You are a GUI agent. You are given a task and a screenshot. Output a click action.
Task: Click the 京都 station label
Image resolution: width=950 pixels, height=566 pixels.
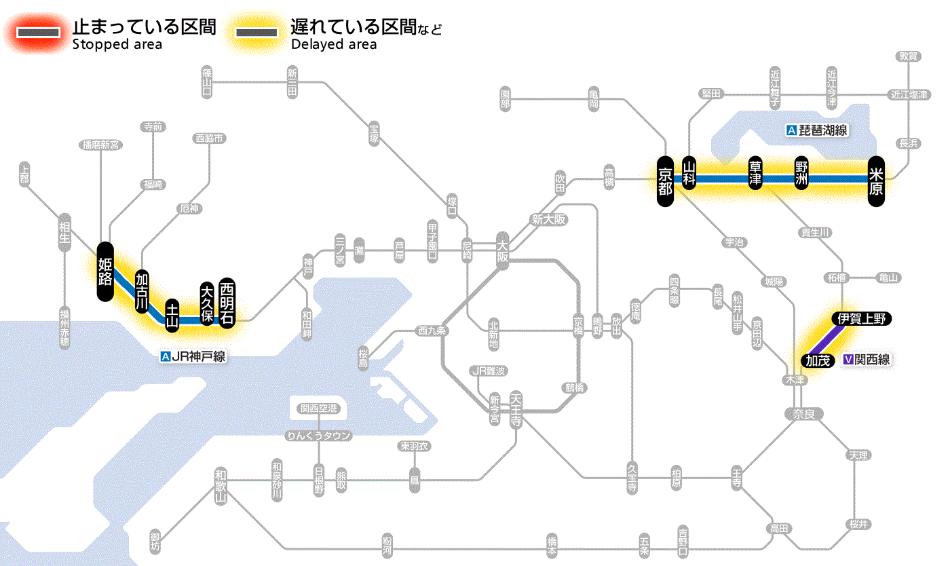pyautogui.click(x=665, y=179)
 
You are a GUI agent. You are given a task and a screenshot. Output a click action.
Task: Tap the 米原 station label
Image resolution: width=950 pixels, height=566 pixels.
pyautogui.click(x=876, y=179)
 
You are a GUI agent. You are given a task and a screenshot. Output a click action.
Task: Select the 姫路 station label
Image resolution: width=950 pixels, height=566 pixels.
pyautogui.click(x=105, y=271)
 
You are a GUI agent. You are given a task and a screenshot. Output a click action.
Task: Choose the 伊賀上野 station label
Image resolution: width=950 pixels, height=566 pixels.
pyautogui.click(x=861, y=319)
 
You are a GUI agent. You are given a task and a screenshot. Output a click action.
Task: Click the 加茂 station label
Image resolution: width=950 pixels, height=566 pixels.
pyautogui.click(x=818, y=360)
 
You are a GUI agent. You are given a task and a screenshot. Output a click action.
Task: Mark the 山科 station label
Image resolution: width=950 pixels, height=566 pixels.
pyautogui.click(x=689, y=173)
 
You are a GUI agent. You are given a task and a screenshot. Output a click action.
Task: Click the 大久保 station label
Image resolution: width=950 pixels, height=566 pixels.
pyautogui.click(x=207, y=303)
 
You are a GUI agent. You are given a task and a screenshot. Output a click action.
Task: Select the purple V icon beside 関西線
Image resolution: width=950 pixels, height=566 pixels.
pyautogui.click(x=848, y=360)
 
